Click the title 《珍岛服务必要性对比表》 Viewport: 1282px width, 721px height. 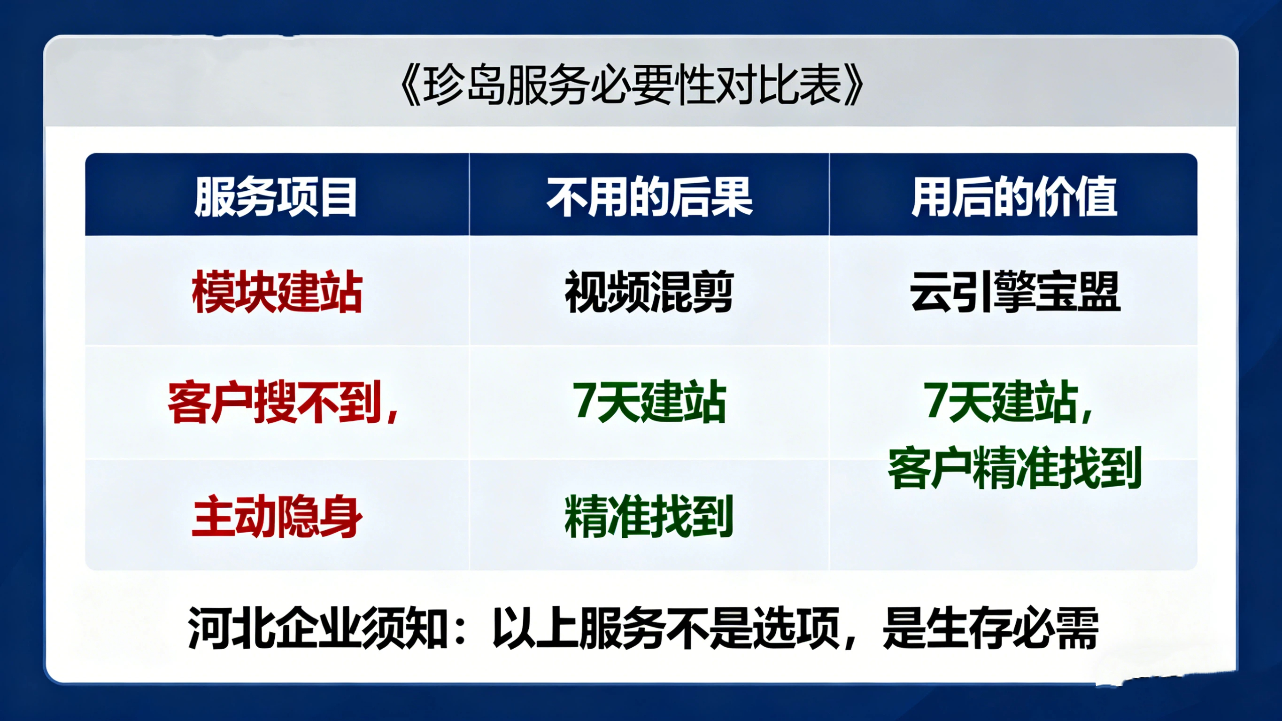pos(632,85)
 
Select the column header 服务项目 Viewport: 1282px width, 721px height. pos(276,197)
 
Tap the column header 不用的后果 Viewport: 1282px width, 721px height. pos(649,197)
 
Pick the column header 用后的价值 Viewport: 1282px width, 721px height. pos(1014,197)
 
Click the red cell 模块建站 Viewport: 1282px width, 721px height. pos(277,292)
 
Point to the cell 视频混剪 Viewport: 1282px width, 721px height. pos(649,292)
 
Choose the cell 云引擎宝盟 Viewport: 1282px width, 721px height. pos(1015,292)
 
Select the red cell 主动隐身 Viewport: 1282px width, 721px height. pos(277,516)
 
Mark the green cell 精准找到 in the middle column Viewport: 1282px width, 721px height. pos(649,516)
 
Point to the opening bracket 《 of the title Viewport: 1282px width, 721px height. pos(411,85)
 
